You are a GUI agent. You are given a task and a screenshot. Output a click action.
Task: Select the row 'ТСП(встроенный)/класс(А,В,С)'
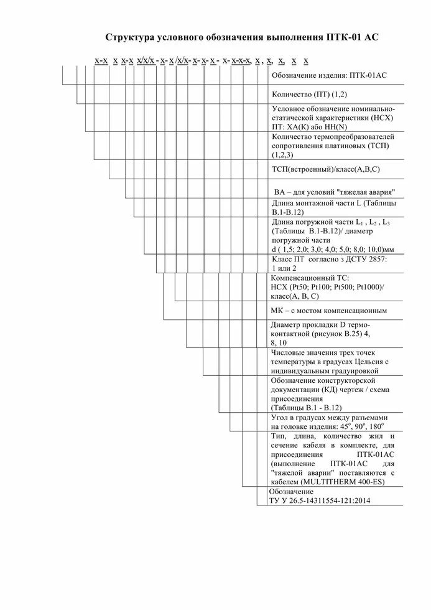pos(326,169)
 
